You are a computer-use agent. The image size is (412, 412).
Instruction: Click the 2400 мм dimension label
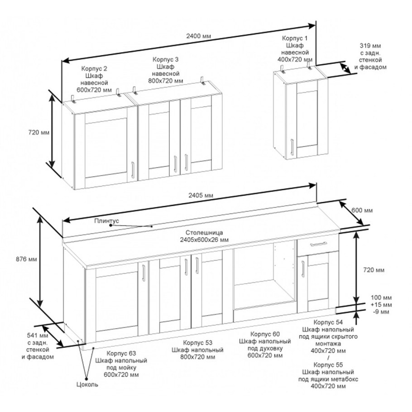pyautogui.click(x=199, y=36)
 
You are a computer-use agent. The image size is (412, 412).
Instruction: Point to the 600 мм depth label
pyautogui.click(x=362, y=210)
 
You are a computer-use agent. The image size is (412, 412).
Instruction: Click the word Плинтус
pyautogui.click(x=107, y=221)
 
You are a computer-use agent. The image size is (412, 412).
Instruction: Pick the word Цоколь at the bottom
pyautogui.click(x=87, y=384)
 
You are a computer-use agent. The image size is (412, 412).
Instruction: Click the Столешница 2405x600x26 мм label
pyautogui.click(x=204, y=236)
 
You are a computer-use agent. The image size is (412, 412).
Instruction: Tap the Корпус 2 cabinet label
pyautogui.click(x=94, y=79)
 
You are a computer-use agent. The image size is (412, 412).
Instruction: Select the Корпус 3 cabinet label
pyautogui.click(x=166, y=70)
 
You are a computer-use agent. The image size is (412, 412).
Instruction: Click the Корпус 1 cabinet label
pyautogui.click(x=295, y=49)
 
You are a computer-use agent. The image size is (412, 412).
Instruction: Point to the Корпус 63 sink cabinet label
pyautogui.click(x=121, y=364)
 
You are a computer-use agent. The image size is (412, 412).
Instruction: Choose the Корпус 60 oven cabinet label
pyautogui.click(x=265, y=345)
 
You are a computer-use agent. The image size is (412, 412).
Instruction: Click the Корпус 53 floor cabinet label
pyautogui.click(x=197, y=350)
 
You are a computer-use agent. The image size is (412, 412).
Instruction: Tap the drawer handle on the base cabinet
pyautogui.click(x=318, y=244)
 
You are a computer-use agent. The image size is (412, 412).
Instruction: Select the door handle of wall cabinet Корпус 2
pyautogui.click(x=133, y=170)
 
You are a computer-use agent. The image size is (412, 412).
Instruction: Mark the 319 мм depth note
pyautogui.click(x=370, y=56)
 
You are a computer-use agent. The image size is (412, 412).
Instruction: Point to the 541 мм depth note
pyautogui.click(x=38, y=346)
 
